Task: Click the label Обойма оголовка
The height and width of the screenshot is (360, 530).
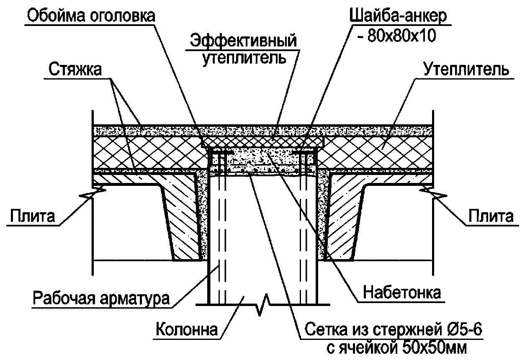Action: click(91, 15)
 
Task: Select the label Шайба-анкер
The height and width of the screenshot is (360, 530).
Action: click(398, 16)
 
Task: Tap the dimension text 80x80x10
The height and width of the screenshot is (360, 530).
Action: click(401, 36)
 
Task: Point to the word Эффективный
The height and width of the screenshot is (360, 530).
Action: click(244, 41)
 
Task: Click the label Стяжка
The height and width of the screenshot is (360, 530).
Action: click(75, 69)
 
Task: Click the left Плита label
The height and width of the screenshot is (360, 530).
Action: click(32, 216)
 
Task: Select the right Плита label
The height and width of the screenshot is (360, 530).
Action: click(491, 216)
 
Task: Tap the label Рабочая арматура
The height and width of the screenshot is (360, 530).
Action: click(101, 298)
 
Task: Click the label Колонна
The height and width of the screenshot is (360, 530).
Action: click(187, 329)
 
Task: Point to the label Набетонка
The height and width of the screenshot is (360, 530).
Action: click(402, 292)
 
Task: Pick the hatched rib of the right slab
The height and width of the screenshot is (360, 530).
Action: click(344, 220)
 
